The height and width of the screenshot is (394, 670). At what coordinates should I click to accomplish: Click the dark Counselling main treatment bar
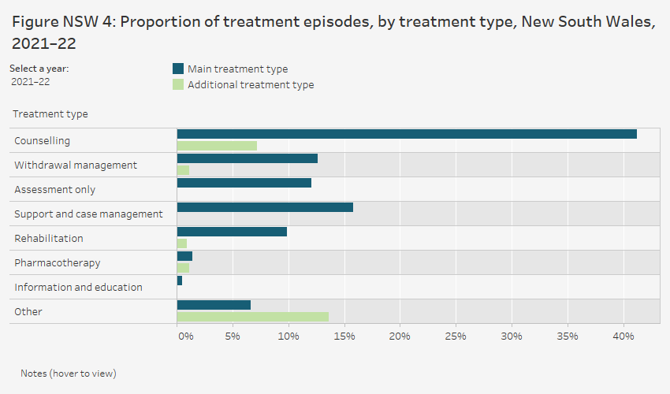click(x=407, y=134)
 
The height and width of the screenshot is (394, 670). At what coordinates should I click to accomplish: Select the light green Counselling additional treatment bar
click(x=217, y=146)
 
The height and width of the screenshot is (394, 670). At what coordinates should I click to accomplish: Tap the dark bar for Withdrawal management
click(x=248, y=158)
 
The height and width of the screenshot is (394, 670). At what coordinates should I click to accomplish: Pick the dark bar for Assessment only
click(x=244, y=183)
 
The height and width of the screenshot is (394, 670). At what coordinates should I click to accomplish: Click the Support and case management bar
click(x=265, y=207)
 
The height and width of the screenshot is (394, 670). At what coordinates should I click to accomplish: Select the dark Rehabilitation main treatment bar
click(x=232, y=232)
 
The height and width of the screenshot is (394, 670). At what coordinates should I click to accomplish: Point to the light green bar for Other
click(x=252, y=317)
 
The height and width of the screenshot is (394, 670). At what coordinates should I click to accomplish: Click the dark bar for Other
click(x=214, y=305)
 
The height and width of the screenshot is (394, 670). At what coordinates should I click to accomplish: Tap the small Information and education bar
click(x=180, y=281)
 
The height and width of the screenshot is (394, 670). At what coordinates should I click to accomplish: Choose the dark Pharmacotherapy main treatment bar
click(x=184, y=256)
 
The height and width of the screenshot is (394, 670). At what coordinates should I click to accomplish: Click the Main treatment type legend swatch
click(x=178, y=69)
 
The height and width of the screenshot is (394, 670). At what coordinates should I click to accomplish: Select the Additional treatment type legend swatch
click(x=178, y=84)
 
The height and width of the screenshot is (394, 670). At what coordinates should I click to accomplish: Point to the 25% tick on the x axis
click(x=456, y=336)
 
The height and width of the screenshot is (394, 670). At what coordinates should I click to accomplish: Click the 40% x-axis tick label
click(x=623, y=336)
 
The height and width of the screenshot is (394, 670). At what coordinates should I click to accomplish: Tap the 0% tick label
click(x=185, y=336)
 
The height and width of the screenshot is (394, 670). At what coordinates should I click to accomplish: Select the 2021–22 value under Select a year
click(x=31, y=81)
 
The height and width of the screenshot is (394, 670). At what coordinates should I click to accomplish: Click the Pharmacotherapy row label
click(x=58, y=262)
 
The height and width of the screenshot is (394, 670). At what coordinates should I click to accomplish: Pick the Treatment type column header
click(x=50, y=114)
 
